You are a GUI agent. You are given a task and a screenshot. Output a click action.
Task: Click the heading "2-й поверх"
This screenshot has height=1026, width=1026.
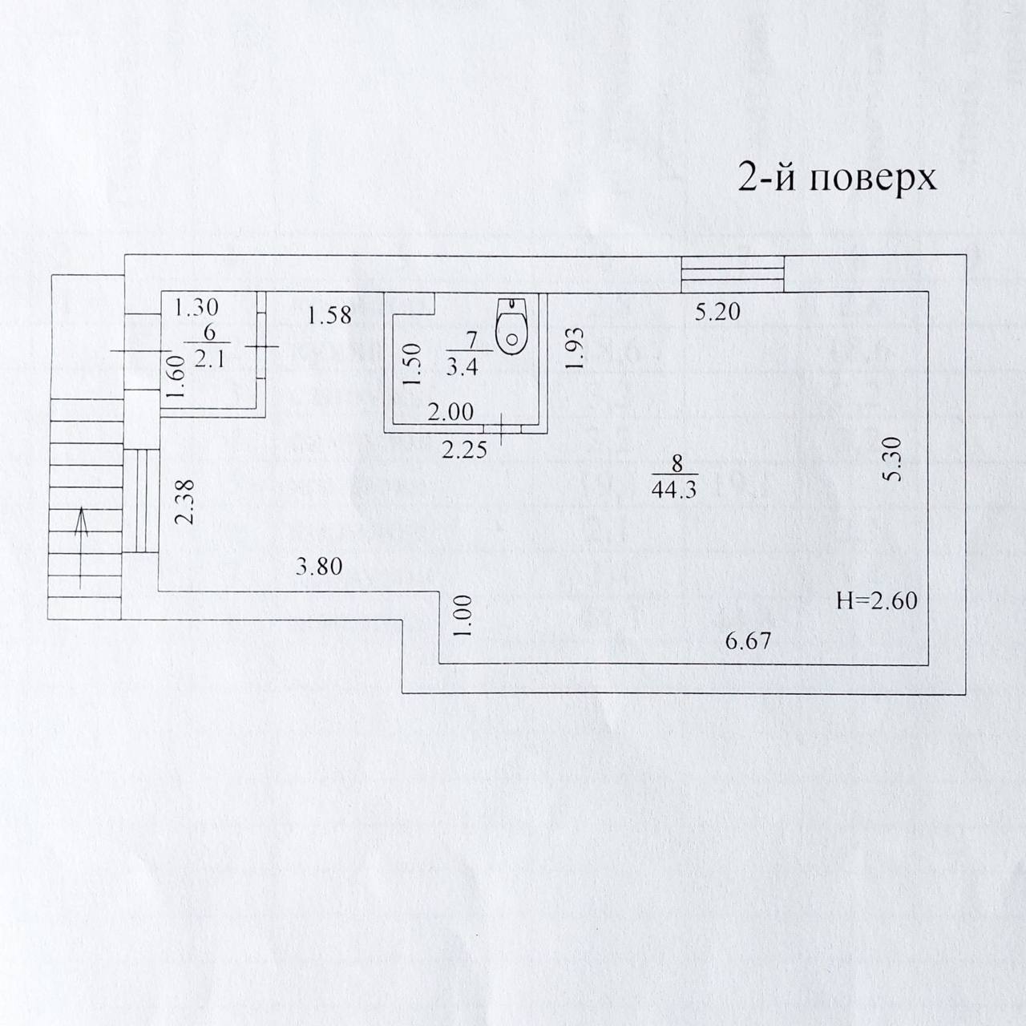click(x=836, y=179)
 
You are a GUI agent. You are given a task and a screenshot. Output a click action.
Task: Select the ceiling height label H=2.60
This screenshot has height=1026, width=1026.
click(x=876, y=600)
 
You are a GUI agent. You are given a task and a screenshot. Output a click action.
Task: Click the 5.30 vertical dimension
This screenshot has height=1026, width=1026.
click(x=895, y=458)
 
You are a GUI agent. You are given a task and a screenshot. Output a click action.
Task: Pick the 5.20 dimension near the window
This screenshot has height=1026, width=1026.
click(x=718, y=313)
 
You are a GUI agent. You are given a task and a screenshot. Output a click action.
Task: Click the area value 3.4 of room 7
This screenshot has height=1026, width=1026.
click(x=467, y=370)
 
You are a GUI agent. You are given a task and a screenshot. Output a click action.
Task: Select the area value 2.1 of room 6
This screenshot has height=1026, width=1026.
click(x=210, y=360)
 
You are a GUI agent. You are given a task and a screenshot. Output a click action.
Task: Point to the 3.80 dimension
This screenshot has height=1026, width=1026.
click(x=319, y=568)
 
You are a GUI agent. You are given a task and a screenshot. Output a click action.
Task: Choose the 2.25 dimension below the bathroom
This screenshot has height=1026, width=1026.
click(x=465, y=450)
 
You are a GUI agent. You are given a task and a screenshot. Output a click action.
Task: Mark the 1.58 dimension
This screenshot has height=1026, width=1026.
click(x=329, y=316)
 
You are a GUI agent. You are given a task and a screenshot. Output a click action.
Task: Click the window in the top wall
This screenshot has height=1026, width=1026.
click(x=732, y=273)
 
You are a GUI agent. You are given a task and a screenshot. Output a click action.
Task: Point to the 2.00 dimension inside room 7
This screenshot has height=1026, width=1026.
click(x=450, y=412)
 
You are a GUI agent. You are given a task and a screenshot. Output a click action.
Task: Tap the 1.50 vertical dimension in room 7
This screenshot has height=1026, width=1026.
click(x=410, y=366)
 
